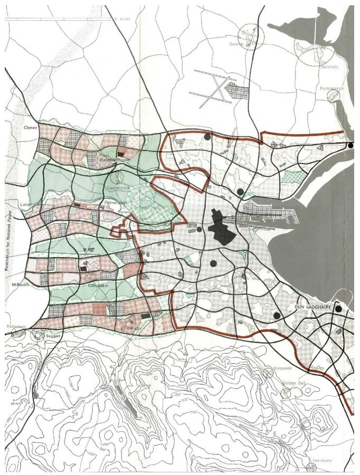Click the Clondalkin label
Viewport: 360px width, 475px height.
tap(99, 286)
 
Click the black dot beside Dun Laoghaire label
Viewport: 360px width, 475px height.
tap(338, 309)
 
